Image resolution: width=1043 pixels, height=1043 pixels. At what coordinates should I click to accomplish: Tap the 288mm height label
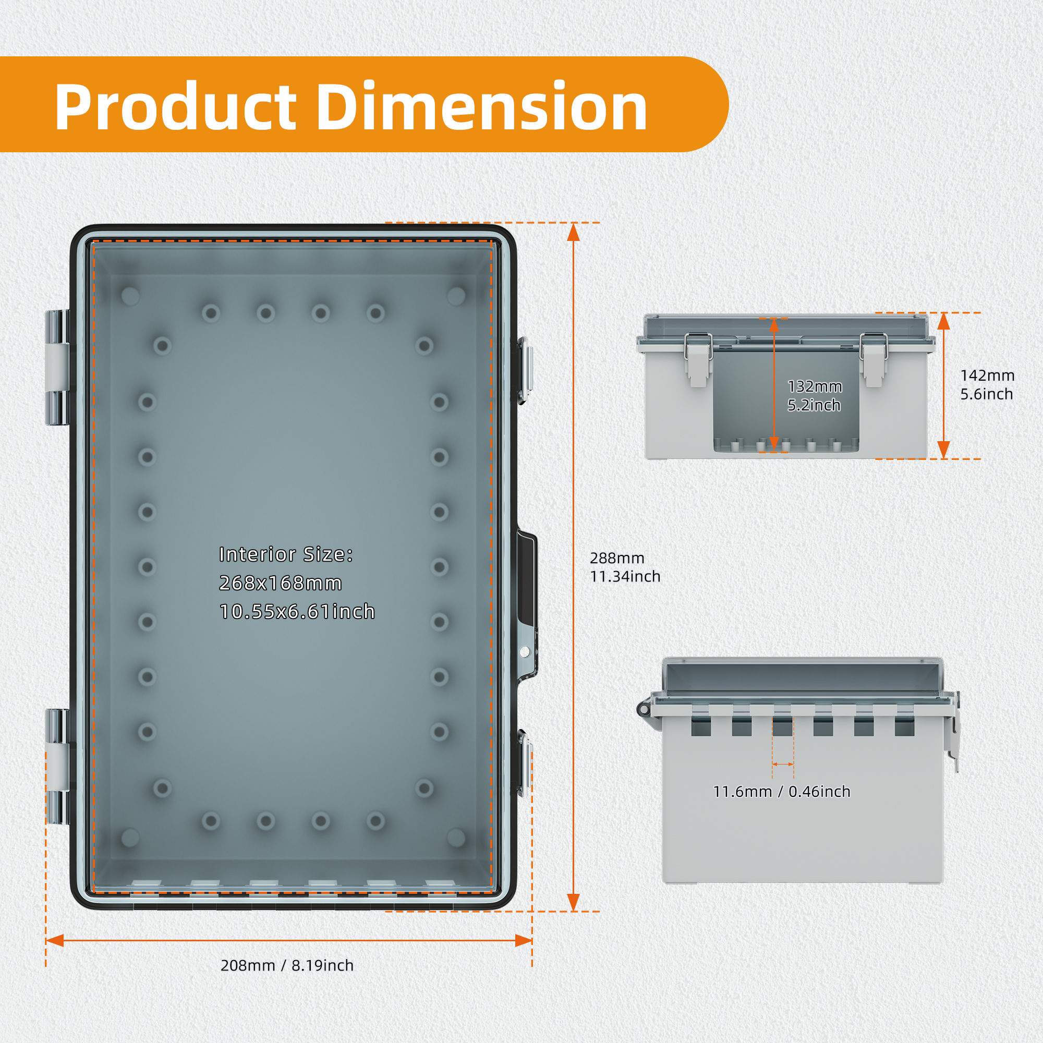(x=617, y=557)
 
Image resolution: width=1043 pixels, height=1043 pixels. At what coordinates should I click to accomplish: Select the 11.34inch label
(x=625, y=577)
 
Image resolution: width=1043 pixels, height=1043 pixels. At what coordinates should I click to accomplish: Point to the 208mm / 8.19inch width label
(x=287, y=965)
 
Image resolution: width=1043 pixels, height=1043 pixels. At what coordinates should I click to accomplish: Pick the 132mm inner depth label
(x=815, y=386)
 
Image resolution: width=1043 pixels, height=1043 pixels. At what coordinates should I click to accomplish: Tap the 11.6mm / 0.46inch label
(x=782, y=792)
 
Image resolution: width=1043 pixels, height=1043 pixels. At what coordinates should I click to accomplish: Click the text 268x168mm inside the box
(x=281, y=583)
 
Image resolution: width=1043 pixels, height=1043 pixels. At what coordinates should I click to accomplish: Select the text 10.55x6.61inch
(x=297, y=612)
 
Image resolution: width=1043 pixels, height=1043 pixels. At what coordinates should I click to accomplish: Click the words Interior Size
(x=286, y=554)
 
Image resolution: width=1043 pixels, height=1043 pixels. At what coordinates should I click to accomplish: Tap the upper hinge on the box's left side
(x=56, y=368)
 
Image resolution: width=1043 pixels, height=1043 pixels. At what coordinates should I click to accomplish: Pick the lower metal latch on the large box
(x=525, y=762)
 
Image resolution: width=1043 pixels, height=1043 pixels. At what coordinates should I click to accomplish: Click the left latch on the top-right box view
(x=698, y=359)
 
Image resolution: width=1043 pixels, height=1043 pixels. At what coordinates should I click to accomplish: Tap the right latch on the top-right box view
(x=874, y=359)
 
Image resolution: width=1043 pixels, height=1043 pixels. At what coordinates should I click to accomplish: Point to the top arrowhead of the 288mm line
(x=573, y=232)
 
